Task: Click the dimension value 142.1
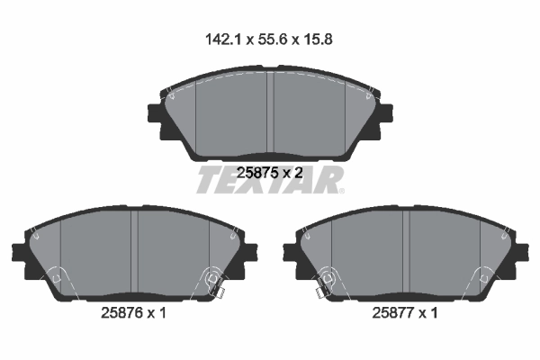tap(221, 40)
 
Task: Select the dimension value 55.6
tap(270, 40)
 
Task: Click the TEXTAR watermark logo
tap(270, 180)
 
